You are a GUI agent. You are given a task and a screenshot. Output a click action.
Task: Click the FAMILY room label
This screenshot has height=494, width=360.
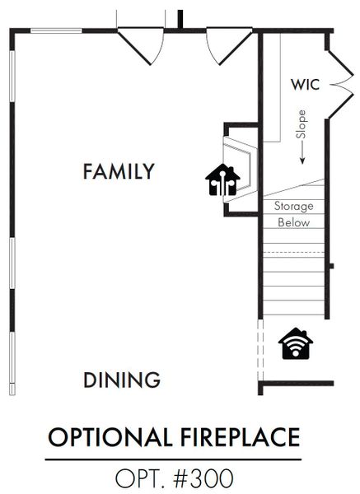pyautogui.click(x=119, y=171)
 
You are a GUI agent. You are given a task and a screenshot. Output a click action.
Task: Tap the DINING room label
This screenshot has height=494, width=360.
pyautogui.click(x=122, y=380)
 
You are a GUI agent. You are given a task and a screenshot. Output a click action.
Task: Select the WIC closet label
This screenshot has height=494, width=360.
pyautogui.click(x=305, y=85)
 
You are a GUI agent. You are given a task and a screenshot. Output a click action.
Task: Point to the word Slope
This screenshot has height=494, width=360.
pyautogui.click(x=302, y=124)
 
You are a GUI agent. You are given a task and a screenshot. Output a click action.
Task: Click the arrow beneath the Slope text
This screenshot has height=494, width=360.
pyautogui.click(x=302, y=152)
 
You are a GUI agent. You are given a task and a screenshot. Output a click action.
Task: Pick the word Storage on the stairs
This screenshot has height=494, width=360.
pyautogui.click(x=294, y=206)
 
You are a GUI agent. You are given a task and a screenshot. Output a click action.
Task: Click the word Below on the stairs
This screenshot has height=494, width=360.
pyautogui.click(x=294, y=222)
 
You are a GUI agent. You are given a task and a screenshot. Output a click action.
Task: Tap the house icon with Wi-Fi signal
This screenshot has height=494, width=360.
pyautogui.click(x=296, y=343)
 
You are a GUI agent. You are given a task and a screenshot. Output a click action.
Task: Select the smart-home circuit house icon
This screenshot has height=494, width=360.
pyautogui.click(x=222, y=179)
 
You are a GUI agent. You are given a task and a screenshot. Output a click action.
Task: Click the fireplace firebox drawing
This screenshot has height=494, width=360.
pyautogui.click(x=241, y=169)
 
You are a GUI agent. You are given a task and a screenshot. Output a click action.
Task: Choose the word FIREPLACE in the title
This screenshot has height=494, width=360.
pyautogui.click(x=241, y=437)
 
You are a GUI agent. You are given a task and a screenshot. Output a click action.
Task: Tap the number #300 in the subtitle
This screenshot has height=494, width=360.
pyautogui.click(x=203, y=478)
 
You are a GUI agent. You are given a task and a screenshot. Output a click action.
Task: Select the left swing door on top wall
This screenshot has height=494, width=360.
pyautogui.click(x=141, y=46)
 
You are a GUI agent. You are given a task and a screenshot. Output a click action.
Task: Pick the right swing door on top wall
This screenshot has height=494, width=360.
pyautogui.click(x=229, y=46)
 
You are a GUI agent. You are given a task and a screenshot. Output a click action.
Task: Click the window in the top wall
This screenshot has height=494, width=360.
pyautogui.click(x=56, y=30)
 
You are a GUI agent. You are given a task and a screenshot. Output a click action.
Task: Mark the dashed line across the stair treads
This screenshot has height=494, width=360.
pyautogui.click(x=294, y=253)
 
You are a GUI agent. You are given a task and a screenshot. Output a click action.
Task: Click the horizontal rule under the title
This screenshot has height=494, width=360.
pyautogui.click(x=173, y=459)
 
